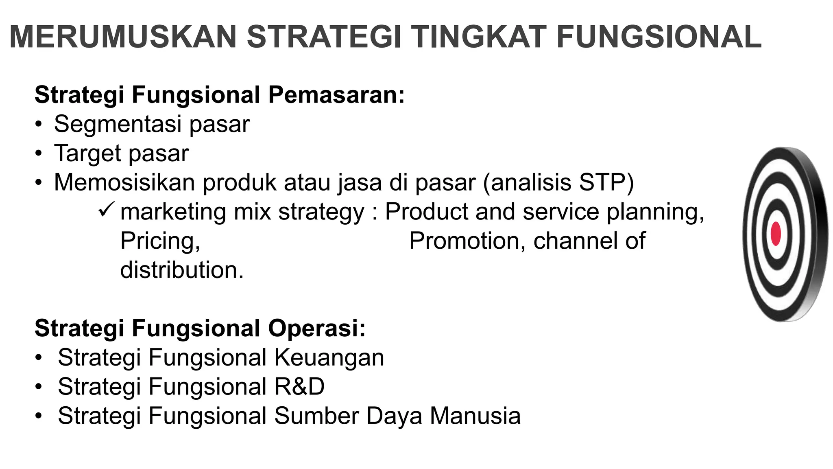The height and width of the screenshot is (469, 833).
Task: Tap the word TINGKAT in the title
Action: [x=478, y=37]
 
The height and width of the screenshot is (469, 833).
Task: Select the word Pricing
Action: [x=160, y=241]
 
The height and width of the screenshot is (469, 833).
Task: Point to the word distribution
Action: [x=181, y=270]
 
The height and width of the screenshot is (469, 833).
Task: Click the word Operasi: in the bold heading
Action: [x=317, y=329]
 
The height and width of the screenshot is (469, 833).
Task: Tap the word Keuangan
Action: [x=329, y=358]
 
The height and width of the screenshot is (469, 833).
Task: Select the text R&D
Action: [x=299, y=387]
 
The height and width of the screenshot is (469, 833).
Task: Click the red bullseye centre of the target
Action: [x=776, y=234]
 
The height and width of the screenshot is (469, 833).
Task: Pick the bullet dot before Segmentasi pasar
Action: [x=38, y=125]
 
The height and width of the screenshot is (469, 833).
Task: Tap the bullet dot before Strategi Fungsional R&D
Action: [x=38, y=387]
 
